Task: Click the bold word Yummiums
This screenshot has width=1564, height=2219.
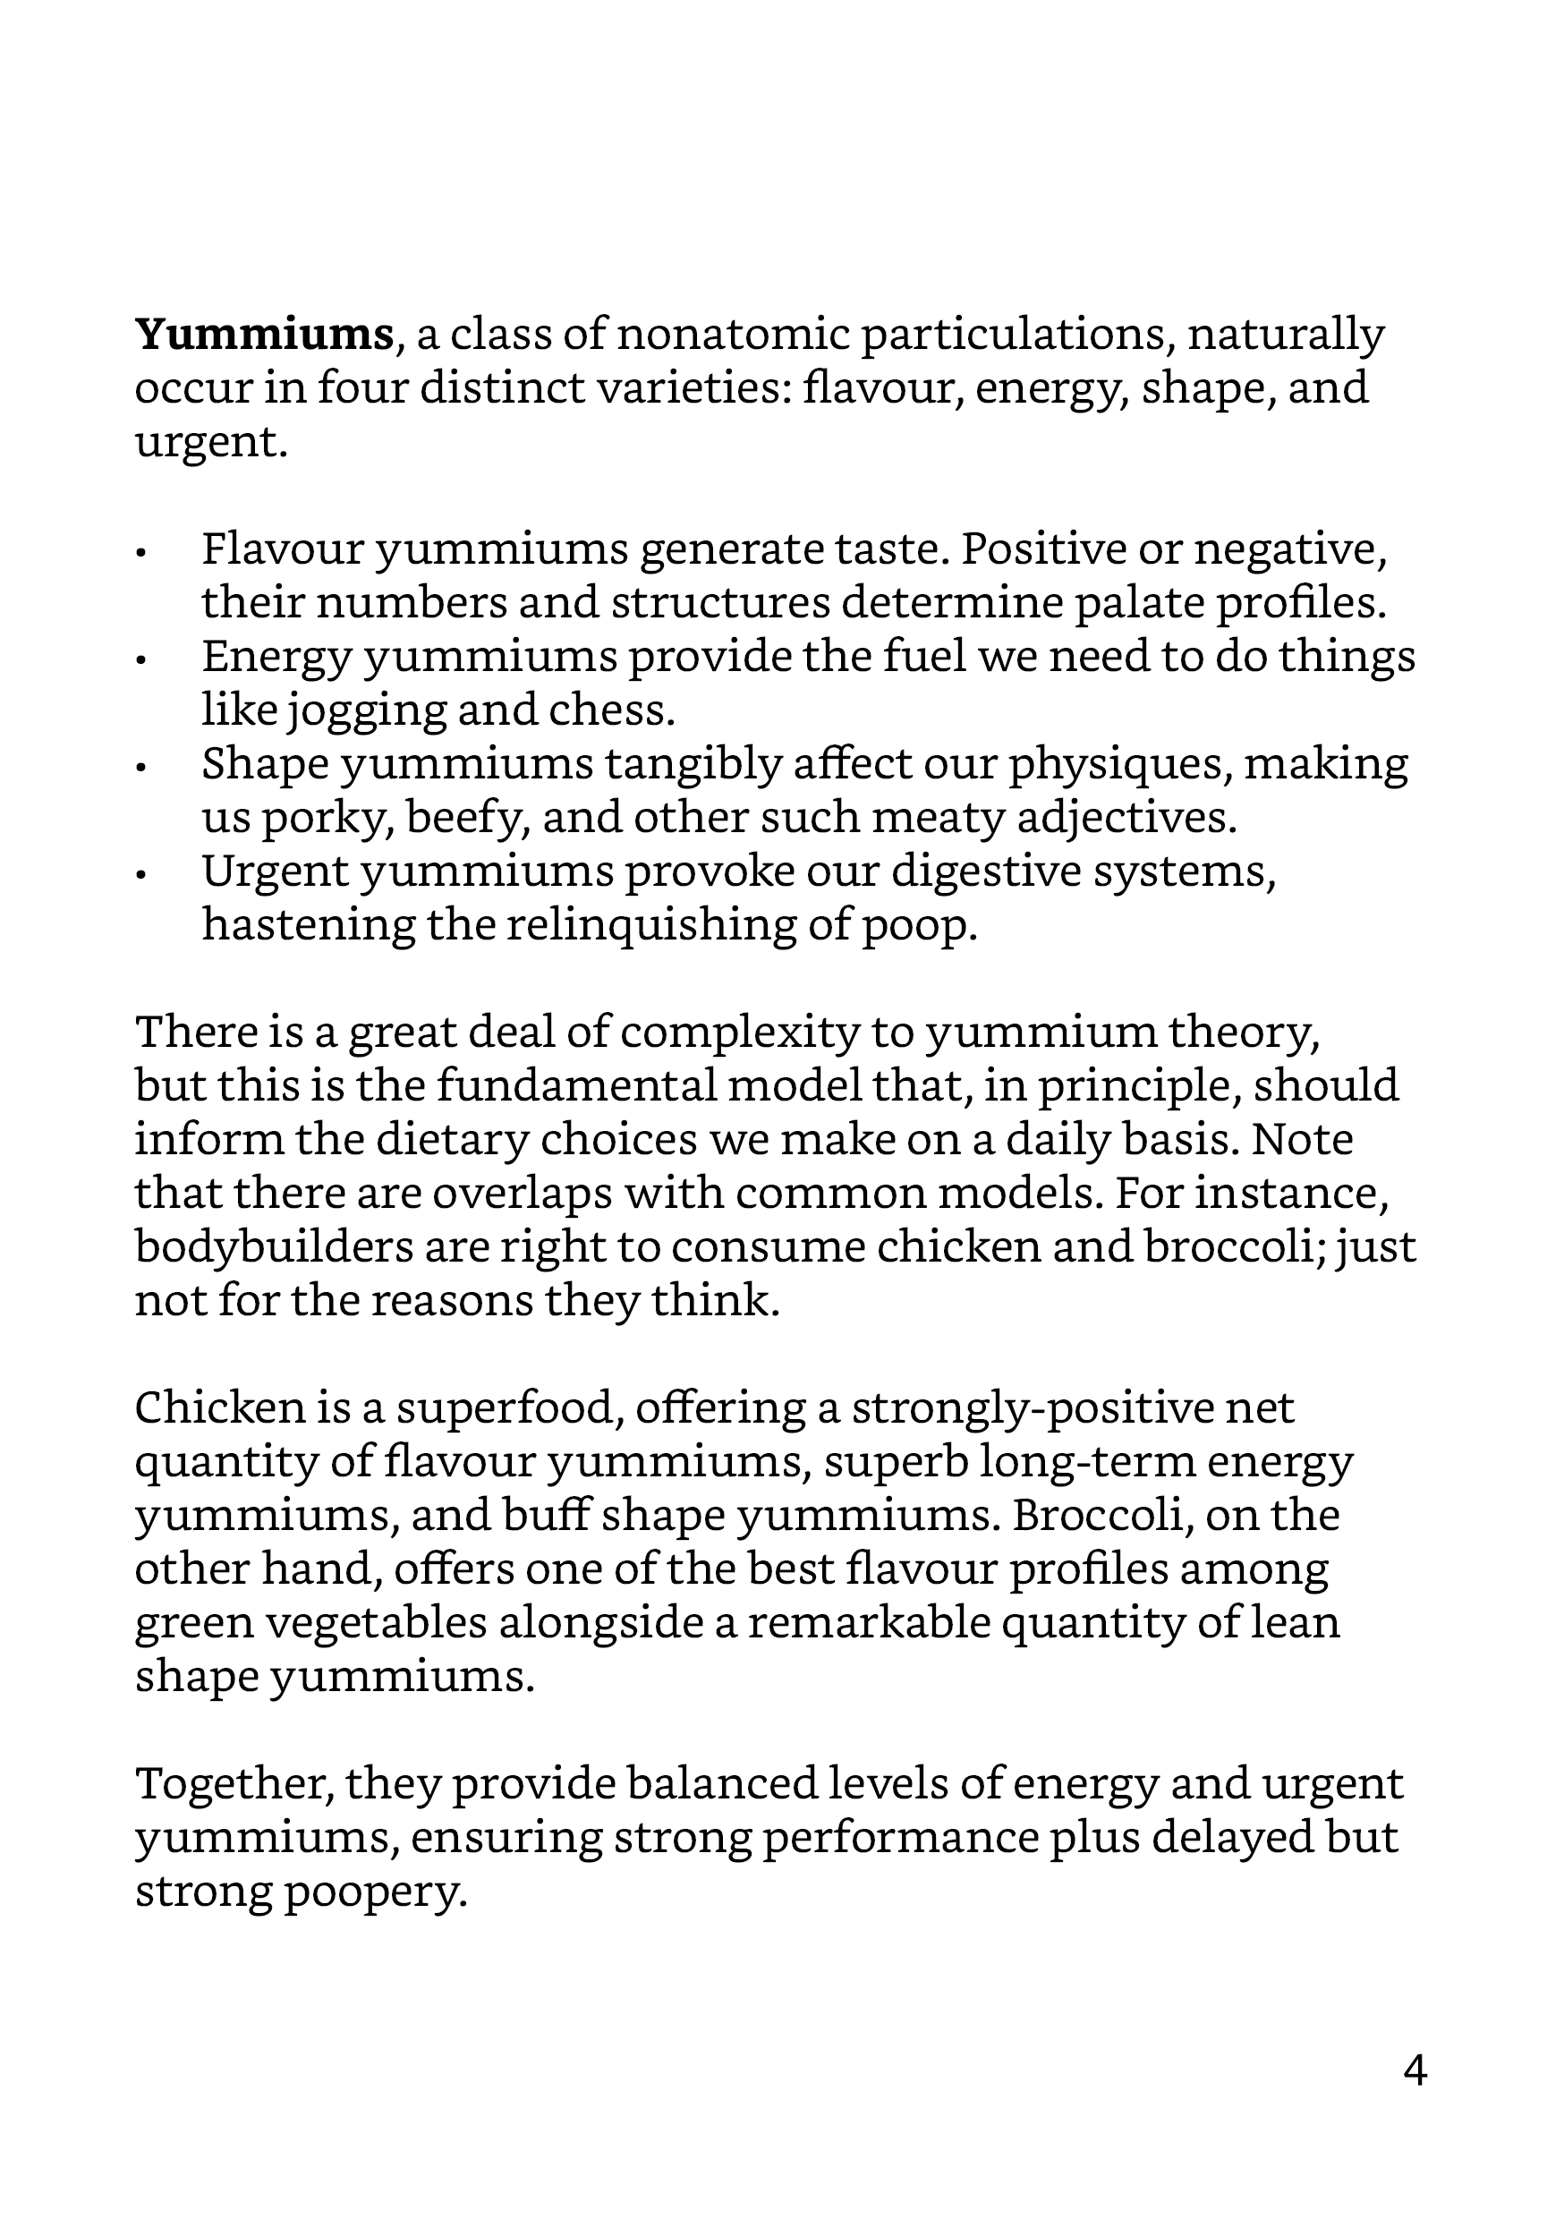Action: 264,335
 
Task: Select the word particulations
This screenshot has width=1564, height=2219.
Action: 1016,335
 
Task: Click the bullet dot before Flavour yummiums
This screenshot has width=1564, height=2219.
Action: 141,553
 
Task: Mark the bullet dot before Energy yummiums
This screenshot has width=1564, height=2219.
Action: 141,660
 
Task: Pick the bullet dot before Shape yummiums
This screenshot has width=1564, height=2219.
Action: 141,768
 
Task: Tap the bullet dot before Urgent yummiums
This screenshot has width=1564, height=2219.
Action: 141,875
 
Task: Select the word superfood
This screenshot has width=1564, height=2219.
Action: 506,1408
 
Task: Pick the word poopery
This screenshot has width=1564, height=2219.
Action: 376,1892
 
